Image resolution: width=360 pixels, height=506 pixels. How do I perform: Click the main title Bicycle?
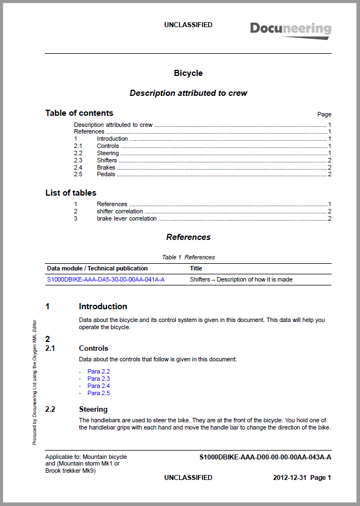tap(188, 73)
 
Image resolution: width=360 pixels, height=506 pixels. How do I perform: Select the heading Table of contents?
tap(79, 113)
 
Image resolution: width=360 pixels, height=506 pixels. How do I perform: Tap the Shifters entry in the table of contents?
tap(107, 160)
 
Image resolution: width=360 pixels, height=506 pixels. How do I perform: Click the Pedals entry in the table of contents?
tap(106, 175)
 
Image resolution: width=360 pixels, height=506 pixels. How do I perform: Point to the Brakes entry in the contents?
tap(106, 167)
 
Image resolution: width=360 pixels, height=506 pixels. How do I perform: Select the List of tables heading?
tap(70, 193)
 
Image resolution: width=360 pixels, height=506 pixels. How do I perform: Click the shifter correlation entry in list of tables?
tap(120, 211)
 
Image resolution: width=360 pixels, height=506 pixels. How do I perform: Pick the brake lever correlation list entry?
tap(126, 218)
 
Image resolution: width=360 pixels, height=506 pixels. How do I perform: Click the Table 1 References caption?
tap(188, 257)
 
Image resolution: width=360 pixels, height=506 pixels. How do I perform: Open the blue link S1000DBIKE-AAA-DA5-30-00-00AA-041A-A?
tap(105, 279)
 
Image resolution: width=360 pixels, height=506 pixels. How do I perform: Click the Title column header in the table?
tap(196, 268)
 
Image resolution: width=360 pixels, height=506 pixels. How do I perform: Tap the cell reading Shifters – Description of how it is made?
tap(241, 279)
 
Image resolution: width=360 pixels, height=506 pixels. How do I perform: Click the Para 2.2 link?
tap(99, 371)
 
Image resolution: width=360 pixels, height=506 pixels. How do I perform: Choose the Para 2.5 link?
tap(99, 393)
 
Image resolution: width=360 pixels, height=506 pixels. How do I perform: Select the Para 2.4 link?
tap(99, 386)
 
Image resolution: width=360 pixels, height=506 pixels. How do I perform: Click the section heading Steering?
tap(93, 410)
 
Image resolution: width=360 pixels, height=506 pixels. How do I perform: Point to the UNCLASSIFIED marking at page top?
tap(188, 25)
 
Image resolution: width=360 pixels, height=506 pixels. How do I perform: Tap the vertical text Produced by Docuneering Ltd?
tap(34, 382)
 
